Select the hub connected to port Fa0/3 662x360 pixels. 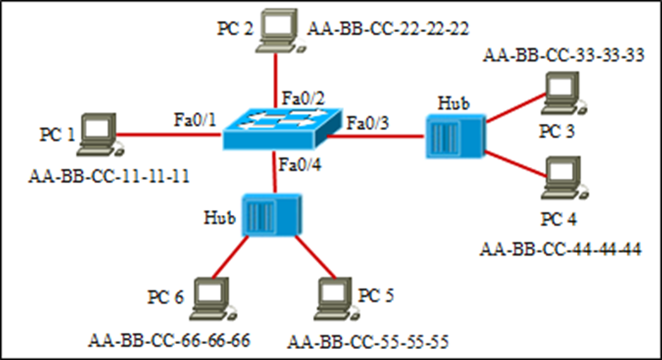pos(453,134)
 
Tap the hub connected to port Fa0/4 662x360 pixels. pos(272,216)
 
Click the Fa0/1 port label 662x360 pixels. pos(195,119)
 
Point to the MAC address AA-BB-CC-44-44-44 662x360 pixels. pos(561,249)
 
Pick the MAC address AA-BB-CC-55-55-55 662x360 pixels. pos(368,341)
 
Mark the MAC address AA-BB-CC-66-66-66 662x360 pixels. pos(170,341)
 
